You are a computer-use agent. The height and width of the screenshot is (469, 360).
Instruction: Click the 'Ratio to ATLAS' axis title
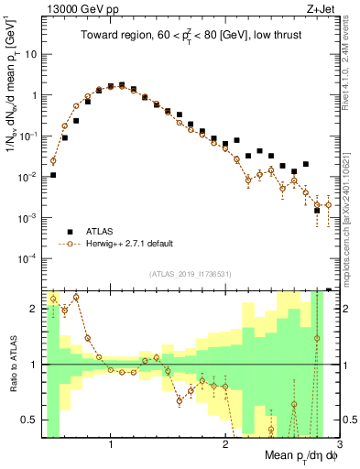(12, 364)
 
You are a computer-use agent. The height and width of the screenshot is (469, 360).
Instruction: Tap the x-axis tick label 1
(111, 444)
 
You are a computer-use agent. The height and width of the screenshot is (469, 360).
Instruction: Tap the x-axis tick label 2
(225, 444)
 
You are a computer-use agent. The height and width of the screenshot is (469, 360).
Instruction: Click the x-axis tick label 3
(340, 444)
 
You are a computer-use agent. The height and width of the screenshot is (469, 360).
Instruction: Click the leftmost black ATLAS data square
(53, 175)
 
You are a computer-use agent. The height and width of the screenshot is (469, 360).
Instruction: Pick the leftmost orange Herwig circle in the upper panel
(53, 160)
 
